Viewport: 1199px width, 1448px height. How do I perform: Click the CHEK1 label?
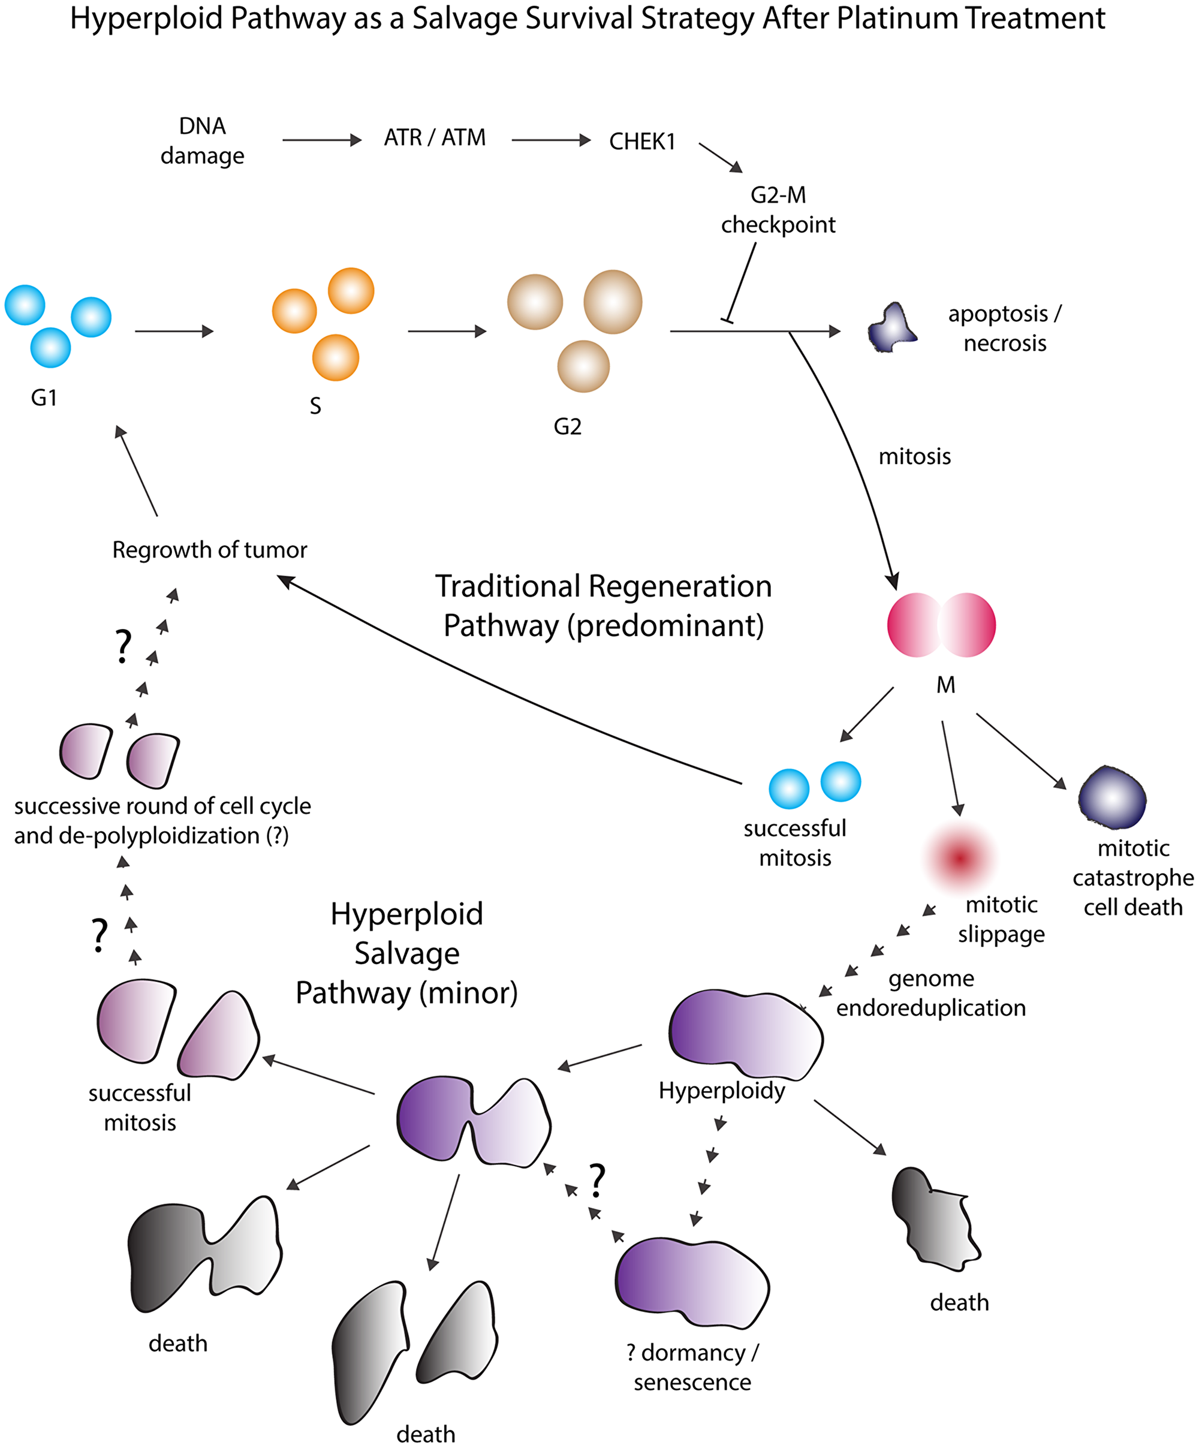642,142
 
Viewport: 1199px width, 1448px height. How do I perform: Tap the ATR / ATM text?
435,138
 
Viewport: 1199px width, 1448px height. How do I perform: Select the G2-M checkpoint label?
778,210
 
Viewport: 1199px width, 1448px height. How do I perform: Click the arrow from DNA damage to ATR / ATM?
321,141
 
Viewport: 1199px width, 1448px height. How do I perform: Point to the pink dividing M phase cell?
941,625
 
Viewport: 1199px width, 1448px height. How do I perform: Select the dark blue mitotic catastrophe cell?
1111,798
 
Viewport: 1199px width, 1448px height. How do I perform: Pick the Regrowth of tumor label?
210,550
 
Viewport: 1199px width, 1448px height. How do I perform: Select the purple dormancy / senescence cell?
692,1283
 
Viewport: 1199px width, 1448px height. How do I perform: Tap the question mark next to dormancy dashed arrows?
597,1181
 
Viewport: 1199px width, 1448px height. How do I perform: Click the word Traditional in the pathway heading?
507,587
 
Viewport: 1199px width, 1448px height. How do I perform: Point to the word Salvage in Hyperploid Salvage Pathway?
407,953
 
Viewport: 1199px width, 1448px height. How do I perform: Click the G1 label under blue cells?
44,398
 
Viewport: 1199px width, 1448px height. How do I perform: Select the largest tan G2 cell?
612,302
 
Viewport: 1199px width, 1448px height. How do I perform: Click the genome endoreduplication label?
931,993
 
